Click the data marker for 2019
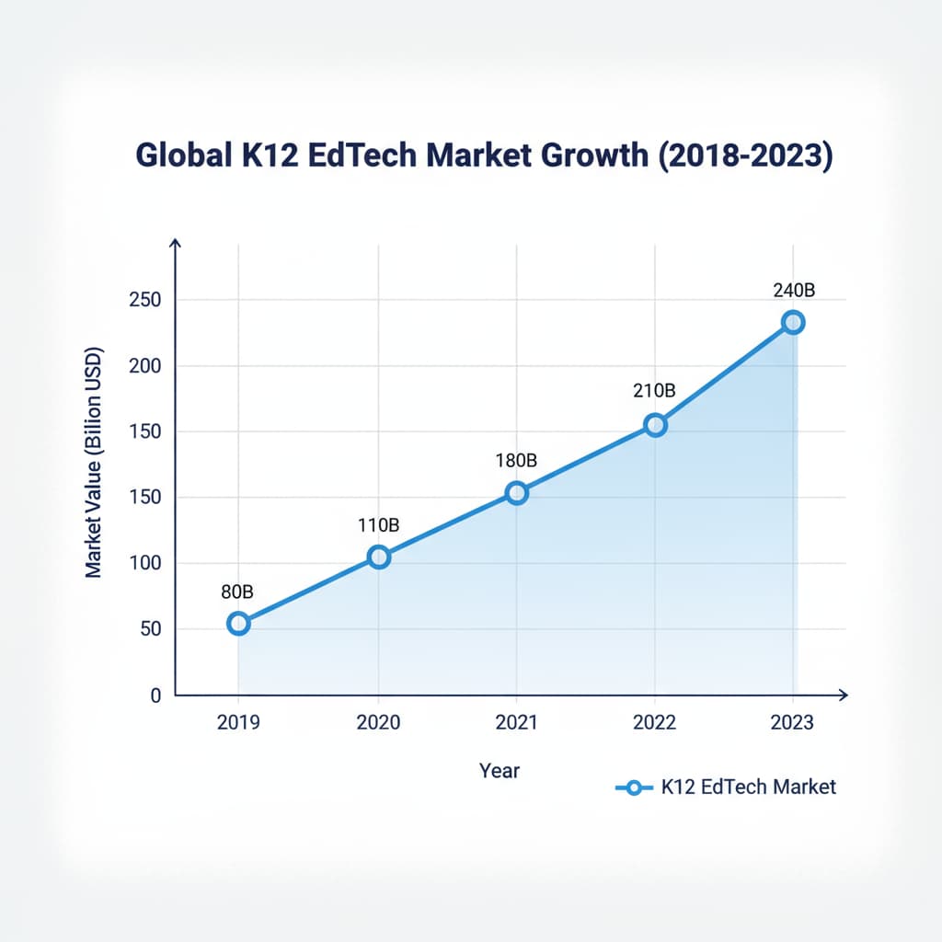238,623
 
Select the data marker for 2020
378,557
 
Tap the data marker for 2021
517,493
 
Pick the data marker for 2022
655,425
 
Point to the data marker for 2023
793,322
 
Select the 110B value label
378,525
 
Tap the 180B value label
516,460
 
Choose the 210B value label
654,391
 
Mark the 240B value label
793,290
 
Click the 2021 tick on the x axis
516,722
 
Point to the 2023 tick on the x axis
793,722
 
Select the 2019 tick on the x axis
238,722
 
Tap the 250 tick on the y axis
144,301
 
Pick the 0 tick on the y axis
155,695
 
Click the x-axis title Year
500,770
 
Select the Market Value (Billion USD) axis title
94,463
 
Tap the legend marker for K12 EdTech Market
633,787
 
